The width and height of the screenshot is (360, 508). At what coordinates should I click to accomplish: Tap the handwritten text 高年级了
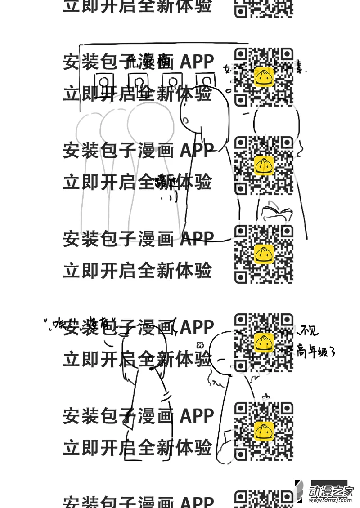point(316,351)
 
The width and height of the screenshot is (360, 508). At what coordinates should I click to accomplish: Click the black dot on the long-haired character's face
point(152,369)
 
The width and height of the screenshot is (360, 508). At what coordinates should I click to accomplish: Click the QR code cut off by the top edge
point(264,8)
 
